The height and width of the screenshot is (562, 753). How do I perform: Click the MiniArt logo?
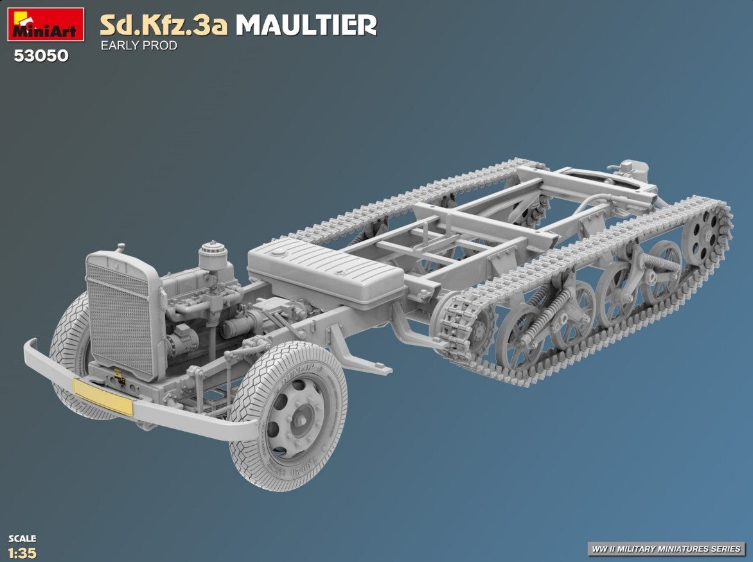click(46, 24)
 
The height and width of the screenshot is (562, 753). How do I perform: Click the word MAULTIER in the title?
click(306, 26)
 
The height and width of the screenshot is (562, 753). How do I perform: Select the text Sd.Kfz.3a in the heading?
click(164, 26)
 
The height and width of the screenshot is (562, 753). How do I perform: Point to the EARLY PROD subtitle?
click(139, 46)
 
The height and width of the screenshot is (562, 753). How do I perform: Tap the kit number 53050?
click(41, 56)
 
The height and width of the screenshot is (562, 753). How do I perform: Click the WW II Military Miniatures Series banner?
click(666, 549)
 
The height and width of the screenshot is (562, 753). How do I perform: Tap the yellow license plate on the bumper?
click(103, 397)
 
